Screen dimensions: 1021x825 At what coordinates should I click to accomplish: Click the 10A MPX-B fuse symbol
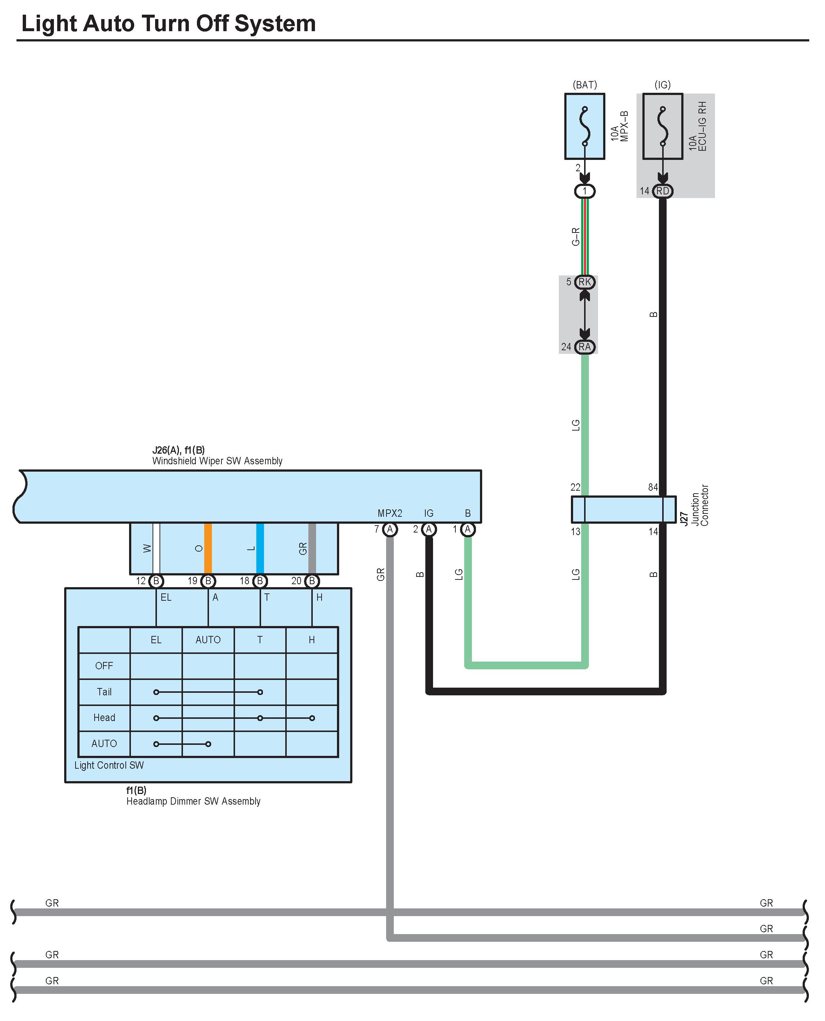[x=584, y=127]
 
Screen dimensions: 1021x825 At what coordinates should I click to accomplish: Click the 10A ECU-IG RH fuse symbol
[x=663, y=127]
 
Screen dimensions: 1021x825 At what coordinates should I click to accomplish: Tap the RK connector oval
[x=584, y=282]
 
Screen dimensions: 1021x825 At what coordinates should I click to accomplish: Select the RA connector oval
[x=584, y=347]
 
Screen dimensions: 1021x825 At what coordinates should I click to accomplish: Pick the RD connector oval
[x=663, y=191]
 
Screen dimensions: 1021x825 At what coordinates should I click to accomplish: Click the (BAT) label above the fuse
[x=584, y=85]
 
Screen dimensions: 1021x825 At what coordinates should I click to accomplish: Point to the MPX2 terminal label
[x=390, y=513]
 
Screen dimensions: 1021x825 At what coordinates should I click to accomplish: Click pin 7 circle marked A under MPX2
[x=390, y=529]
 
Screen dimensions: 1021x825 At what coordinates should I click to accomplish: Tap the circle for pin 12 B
[x=156, y=581]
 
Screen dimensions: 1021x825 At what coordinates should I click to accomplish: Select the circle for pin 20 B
[x=312, y=581]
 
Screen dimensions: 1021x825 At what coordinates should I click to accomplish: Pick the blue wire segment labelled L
[x=260, y=549]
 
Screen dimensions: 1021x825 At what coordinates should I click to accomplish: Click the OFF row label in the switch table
[x=104, y=666]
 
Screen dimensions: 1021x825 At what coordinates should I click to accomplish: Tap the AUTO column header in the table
[x=208, y=640]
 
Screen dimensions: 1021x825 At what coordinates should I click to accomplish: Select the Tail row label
[x=104, y=692]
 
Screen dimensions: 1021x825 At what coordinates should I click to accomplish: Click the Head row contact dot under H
[x=312, y=718]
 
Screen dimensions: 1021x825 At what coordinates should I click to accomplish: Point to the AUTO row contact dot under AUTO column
[x=208, y=744]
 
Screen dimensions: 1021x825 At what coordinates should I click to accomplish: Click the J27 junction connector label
[x=684, y=518]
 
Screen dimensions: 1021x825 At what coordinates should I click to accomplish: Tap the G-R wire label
[x=576, y=236]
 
